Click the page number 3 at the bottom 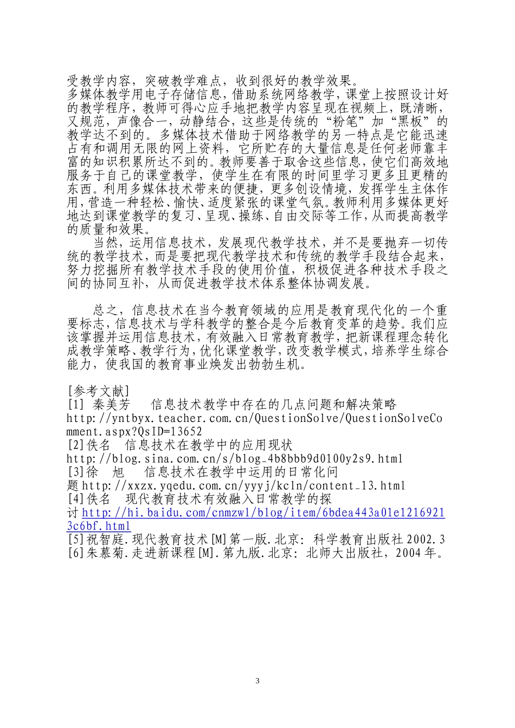257,681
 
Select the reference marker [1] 74,405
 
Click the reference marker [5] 74,539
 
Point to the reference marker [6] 74,553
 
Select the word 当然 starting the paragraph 106,243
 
